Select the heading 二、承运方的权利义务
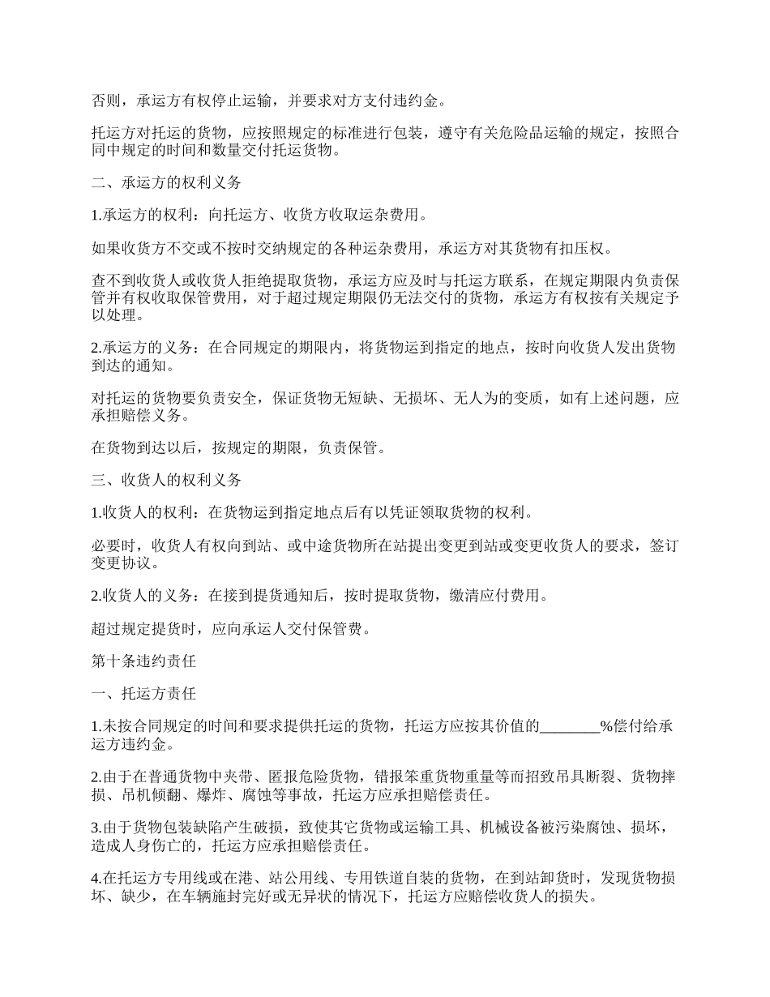pyautogui.click(x=166, y=182)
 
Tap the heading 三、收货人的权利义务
pyautogui.click(x=166, y=480)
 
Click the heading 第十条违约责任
pyautogui.click(x=143, y=661)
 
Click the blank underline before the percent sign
pyautogui.click(x=569, y=726)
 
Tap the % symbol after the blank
pyautogui.click(x=605, y=726)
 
